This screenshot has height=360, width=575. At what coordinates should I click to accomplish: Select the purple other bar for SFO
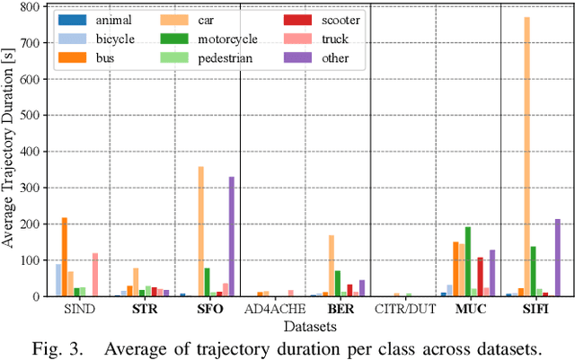232,237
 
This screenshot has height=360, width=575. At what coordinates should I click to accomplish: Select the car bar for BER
331,266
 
